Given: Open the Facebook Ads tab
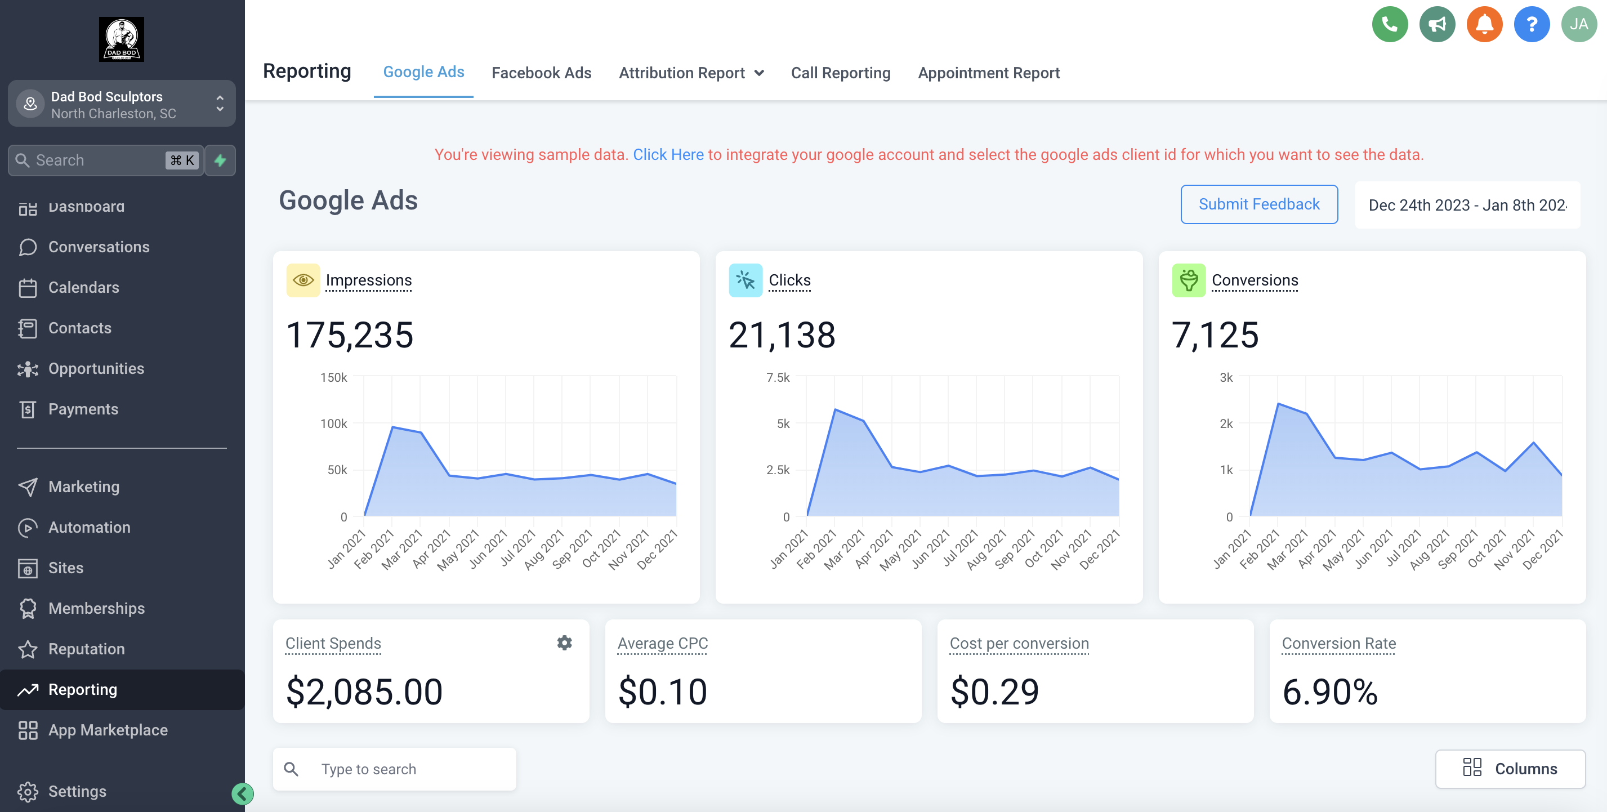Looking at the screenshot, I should tap(541, 73).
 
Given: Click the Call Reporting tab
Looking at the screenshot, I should tap(840, 73).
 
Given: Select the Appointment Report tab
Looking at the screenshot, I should tap(988, 73).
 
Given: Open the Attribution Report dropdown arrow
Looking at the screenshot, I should tap(759, 73).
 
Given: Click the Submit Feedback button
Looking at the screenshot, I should tap(1258, 204).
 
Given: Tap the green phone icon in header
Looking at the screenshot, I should tap(1389, 24).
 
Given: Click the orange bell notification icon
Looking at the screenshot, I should tap(1484, 24).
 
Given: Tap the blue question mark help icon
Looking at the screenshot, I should tap(1531, 24).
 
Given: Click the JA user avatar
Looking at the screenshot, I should tap(1578, 24).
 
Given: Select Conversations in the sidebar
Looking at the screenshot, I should tap(99, 247).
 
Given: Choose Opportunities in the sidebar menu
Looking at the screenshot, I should tap(96, 369).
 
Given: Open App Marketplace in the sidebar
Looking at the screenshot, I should tap(108, 730).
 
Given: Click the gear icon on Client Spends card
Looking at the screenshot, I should tap(564, 643).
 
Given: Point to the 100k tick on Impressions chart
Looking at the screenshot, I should tap(334, 423).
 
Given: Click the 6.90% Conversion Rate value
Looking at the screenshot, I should tap(1329, 691).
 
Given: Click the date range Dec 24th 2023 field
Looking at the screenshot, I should tap(1467, 205).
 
